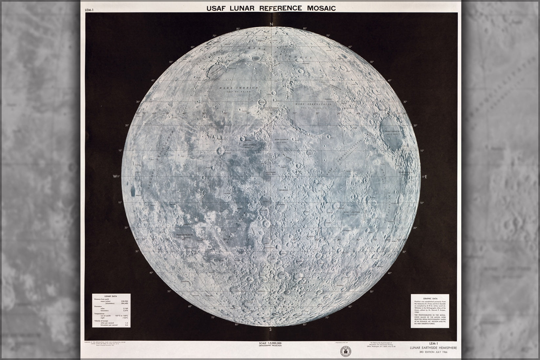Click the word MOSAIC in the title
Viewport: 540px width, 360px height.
click(x=317, y=8)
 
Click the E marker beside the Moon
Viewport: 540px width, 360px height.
click(x=425, y=177)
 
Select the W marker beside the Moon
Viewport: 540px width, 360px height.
click(x=114, y=176)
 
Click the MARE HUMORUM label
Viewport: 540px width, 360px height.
click(x=184, y=235)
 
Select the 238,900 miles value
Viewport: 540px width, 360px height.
click(x=124, y=301)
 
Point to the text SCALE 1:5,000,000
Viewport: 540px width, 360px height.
click(x=270, y=343)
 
